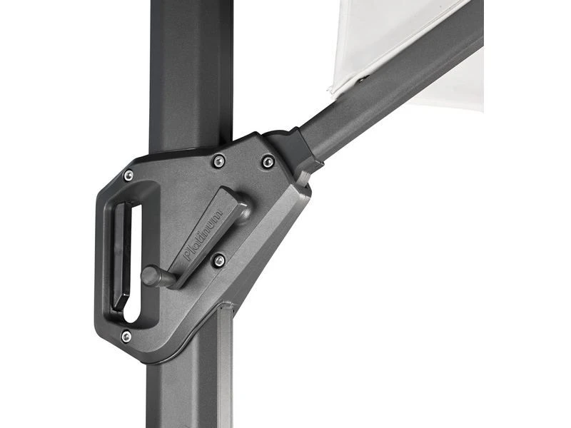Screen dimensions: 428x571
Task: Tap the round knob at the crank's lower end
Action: pos(151,275)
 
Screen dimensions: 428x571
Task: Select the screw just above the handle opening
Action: pos(128,175)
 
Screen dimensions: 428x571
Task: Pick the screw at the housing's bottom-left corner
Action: pos(126,336)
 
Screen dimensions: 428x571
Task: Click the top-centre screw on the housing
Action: pos(218,161)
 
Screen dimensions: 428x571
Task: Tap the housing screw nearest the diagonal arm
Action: pos(268,162)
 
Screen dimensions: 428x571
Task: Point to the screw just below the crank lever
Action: pos(219,260)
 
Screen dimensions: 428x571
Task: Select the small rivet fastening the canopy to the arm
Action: pos(361,79)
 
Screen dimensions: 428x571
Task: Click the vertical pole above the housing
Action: pos(189,71)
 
